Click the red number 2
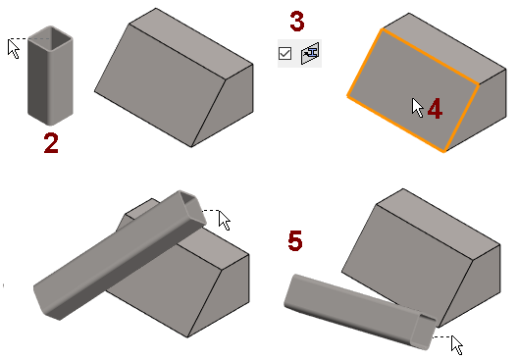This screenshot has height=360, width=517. pyautogui.click(x=51, y=143)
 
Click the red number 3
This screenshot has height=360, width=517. pyautogui.click(x=297, y=22)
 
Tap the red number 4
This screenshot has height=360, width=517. pyautogui.click(x=435, y=108)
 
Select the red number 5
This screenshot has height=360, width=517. pyautogui.click(x=295, y=240)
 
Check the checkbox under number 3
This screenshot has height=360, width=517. pyautogui.click(x=284, y=53)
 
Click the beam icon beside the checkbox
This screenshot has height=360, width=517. pyautogui.click(x=310, y=53)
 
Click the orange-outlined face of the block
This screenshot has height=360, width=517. pyautogui.click(x=413, y=90)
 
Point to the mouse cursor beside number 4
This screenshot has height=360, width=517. pyautogui.click(x=418, y=108)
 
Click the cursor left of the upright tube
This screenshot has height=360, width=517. pyautogui.click(x=14, y=49)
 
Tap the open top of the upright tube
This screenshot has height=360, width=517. pyautogui.click(x=50, y=38)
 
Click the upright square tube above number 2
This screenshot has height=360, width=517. pyautogui.click(x=50, y=76)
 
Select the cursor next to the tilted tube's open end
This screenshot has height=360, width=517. pyautogui.click(x=225, y=221)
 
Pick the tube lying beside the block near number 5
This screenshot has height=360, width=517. pyautogui.click(x=360, y=311)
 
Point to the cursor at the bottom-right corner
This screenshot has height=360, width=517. pyautogui.click(x=457, y=345)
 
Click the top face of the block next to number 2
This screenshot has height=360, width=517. pyautogui.click(x=191, y=43)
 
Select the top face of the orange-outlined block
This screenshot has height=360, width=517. pyautogui.click(x=444, y=48)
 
